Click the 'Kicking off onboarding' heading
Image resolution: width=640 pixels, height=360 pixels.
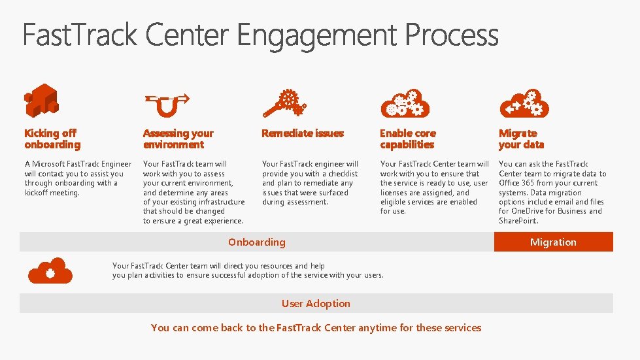[x=52, y=139]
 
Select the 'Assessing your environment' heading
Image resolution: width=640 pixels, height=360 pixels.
[x=178, y=139]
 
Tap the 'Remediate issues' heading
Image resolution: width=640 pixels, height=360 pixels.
[x=302, y=133]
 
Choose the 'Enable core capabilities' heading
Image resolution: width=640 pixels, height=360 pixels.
[x=408, y=139]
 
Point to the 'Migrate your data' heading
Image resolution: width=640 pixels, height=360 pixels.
[x=521, y=139]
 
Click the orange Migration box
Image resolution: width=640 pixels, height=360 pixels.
[x=553, y=242]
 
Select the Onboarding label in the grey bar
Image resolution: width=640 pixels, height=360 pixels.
[x=256, y=242]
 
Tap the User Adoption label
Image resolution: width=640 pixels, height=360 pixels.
[x=316, y=303]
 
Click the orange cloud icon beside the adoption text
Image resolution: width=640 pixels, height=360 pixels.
[x=50, y=270]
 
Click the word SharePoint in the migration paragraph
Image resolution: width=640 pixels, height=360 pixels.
[x=518, y=221]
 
